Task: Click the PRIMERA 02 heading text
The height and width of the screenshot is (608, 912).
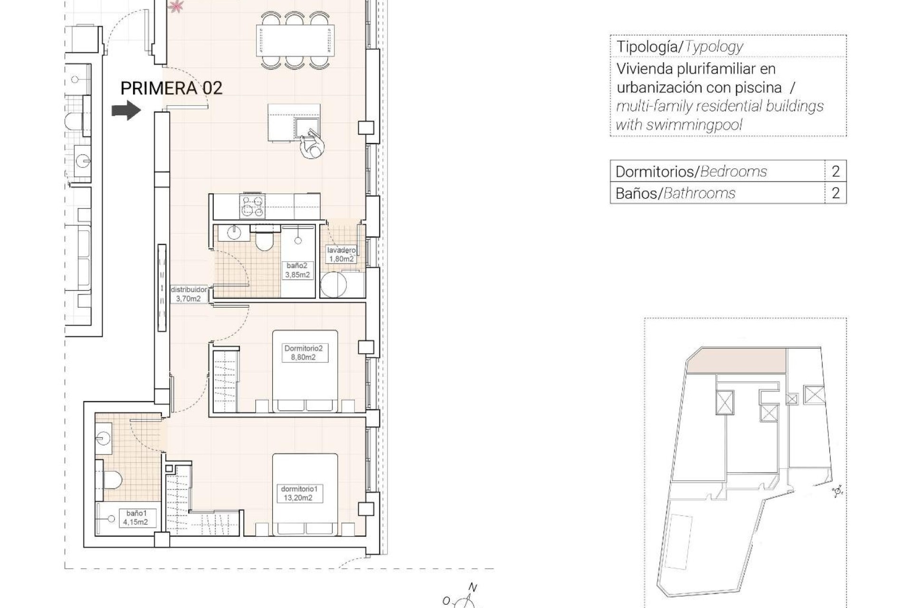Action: pyautogui.click(x=171, y=88)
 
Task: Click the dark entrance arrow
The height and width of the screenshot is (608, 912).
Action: pyautogui.click(x=126, y=111)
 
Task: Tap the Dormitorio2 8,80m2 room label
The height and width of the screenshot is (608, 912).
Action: pyautogui.click(x=303, y=353)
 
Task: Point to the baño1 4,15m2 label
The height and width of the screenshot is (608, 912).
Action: pyautogui.click(x=135, y=518)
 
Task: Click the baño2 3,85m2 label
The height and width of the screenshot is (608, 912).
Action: pyautogui.click(x=298, y=270)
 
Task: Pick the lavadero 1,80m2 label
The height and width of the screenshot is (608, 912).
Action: pyautogui.click(x=341, y=255)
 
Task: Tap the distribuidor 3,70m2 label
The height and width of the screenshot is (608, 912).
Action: pyautogui.click(x=189, y=294)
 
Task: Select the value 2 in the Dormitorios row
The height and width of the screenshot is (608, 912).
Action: pyautogui.click(x=836, y=171)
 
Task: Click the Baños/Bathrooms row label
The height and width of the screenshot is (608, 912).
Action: pyautogui.click(x=675, y=193)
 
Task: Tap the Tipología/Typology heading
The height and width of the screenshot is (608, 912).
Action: pyautogui.click(x=679, y=47)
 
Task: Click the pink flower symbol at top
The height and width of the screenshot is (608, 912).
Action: pyautogui.click(x=177, y=6)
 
